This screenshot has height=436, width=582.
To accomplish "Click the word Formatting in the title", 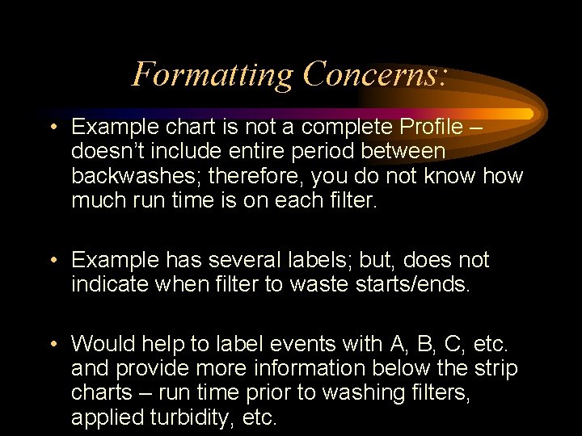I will (x=213, y=75).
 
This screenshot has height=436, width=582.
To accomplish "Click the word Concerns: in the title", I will (x=375, y=75).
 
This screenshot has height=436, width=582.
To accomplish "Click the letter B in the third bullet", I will (x=424, y=344).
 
